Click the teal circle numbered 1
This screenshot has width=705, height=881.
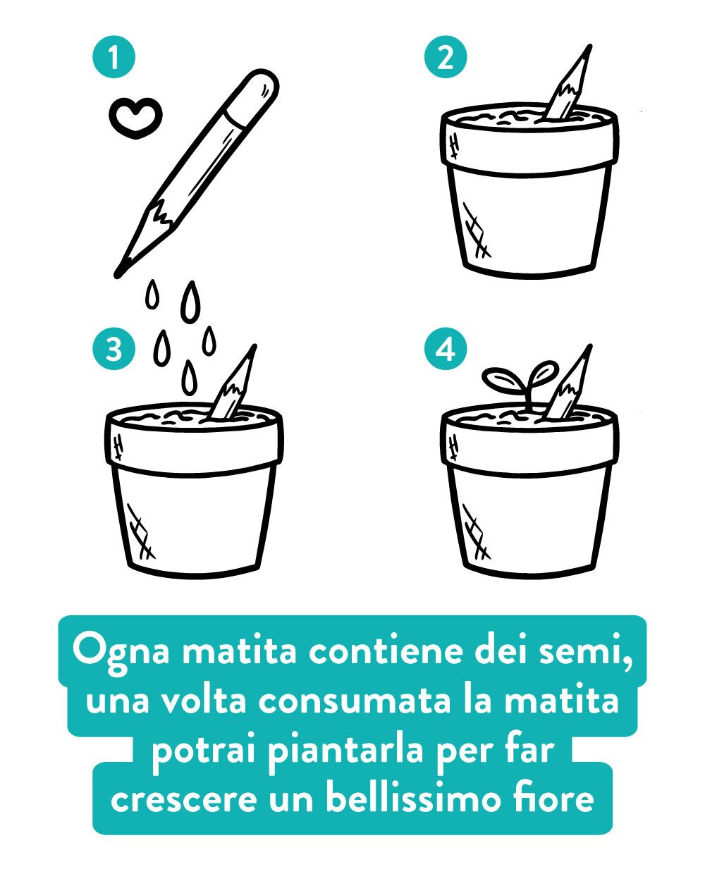pos(114,57)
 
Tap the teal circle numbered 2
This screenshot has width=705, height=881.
pos(446,57)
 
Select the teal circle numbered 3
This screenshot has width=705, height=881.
pos(114,348)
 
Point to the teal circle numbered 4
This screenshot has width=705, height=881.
pos(446,348)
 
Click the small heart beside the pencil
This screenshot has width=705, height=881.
pos(135,117)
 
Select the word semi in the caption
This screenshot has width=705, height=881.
pos(586,652)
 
